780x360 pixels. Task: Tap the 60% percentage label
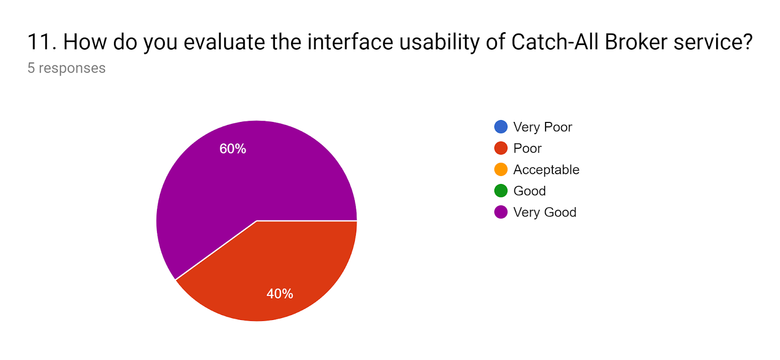pyautogui.click(x=233, y=149)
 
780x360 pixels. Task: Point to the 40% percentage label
pyautogui.click(x=280, y=294)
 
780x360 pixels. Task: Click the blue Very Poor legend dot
pyautogui.click(x=501, y=127)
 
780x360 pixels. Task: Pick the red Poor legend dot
pyautogui.click(x=501, y=148)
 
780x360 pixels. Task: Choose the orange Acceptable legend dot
pyautogui.click(x=501, y=169)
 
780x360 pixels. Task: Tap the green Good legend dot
pyautogui.click(x=501, y=191)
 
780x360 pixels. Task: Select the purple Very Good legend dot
pyautogui.click(x=501, y=212)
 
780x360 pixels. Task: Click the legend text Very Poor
pyautogui.click(x=543, y=127)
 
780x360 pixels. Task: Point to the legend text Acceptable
pyautogui.click(x=546, y=170)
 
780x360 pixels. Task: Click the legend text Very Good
pyautogui.click(x=545, y=212)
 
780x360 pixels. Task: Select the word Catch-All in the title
pyautogui.click(x=555, y=42)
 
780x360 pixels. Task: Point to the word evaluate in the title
pyautogui.click(x=224, y=42)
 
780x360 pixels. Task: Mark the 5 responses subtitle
pyautogui.click(x=66, y=68)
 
